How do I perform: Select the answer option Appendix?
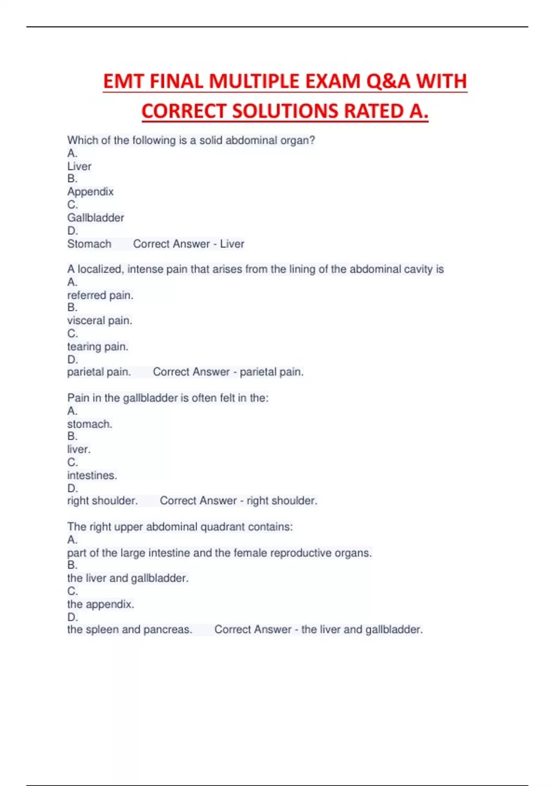90,191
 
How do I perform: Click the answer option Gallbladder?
96,218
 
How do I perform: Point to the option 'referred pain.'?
100,295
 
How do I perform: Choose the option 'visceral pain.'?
100,320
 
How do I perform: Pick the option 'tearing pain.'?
98,347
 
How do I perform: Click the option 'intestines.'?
92,475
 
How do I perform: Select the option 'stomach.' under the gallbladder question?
90,424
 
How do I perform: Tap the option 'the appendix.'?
100,604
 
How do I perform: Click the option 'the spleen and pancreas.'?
129,630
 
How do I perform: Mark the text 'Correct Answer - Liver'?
189,244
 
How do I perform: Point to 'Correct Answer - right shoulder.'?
239,501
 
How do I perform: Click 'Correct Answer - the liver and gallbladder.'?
319,630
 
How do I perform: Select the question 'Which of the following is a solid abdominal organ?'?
191,141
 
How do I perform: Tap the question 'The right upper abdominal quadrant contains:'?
180,527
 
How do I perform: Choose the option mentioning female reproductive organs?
219,553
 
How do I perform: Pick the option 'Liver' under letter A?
80,166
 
